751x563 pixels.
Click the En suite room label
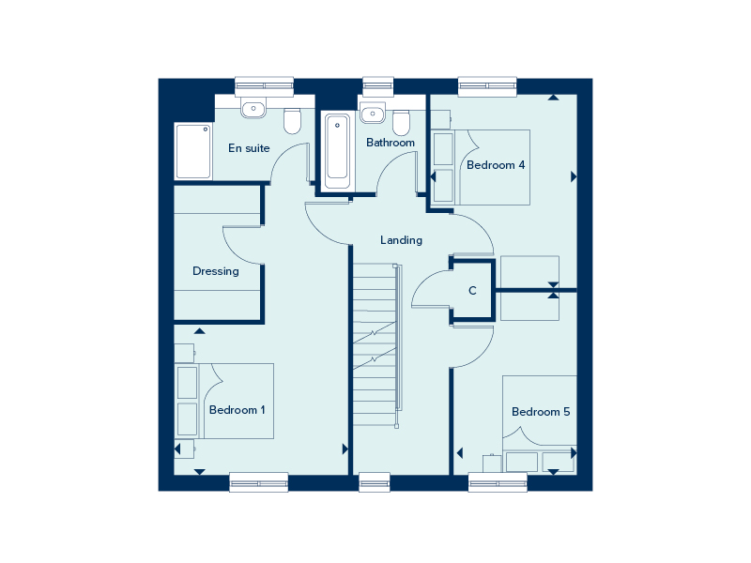tap(249, 148)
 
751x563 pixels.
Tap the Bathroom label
tap(391, 143)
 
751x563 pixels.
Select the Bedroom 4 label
tap(496, 165)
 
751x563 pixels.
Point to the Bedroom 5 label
tap(541, 412)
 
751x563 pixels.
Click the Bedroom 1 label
tap(238, 410)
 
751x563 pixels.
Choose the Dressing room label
tap(216, 271)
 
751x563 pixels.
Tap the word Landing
tap(402, 240)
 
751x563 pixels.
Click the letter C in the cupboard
tap(472, 291)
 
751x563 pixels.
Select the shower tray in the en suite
tap(193, 151)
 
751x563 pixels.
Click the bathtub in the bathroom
tap(337, 151)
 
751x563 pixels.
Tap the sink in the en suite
tap(253, 110)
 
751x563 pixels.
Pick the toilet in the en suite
tap(292, 121)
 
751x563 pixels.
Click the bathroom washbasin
tap(373, 114)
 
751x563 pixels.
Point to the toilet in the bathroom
tap(402, 123)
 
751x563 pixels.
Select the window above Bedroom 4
tap(487, 86)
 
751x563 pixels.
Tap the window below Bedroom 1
tap(259, 482)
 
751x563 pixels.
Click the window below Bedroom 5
tap(498, 482)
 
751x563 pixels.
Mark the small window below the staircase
tap(375, 482)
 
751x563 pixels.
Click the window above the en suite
tap(264, 86)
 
